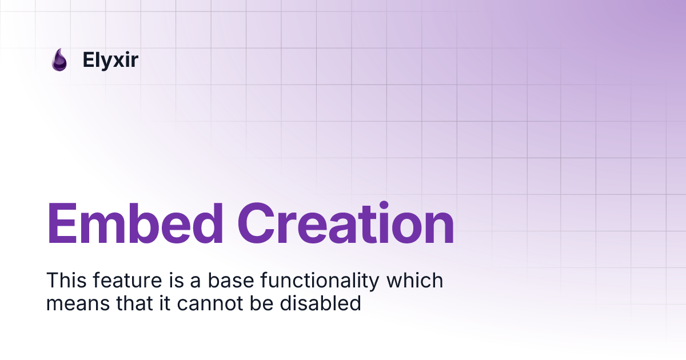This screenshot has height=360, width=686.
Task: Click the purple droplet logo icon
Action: click(x=59, y=60)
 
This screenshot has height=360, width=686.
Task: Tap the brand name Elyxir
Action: click(x=110, y=60)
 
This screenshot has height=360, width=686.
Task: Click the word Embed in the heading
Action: click(x=135, y=224)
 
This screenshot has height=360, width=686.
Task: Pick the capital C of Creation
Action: click(x=257, y=224)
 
